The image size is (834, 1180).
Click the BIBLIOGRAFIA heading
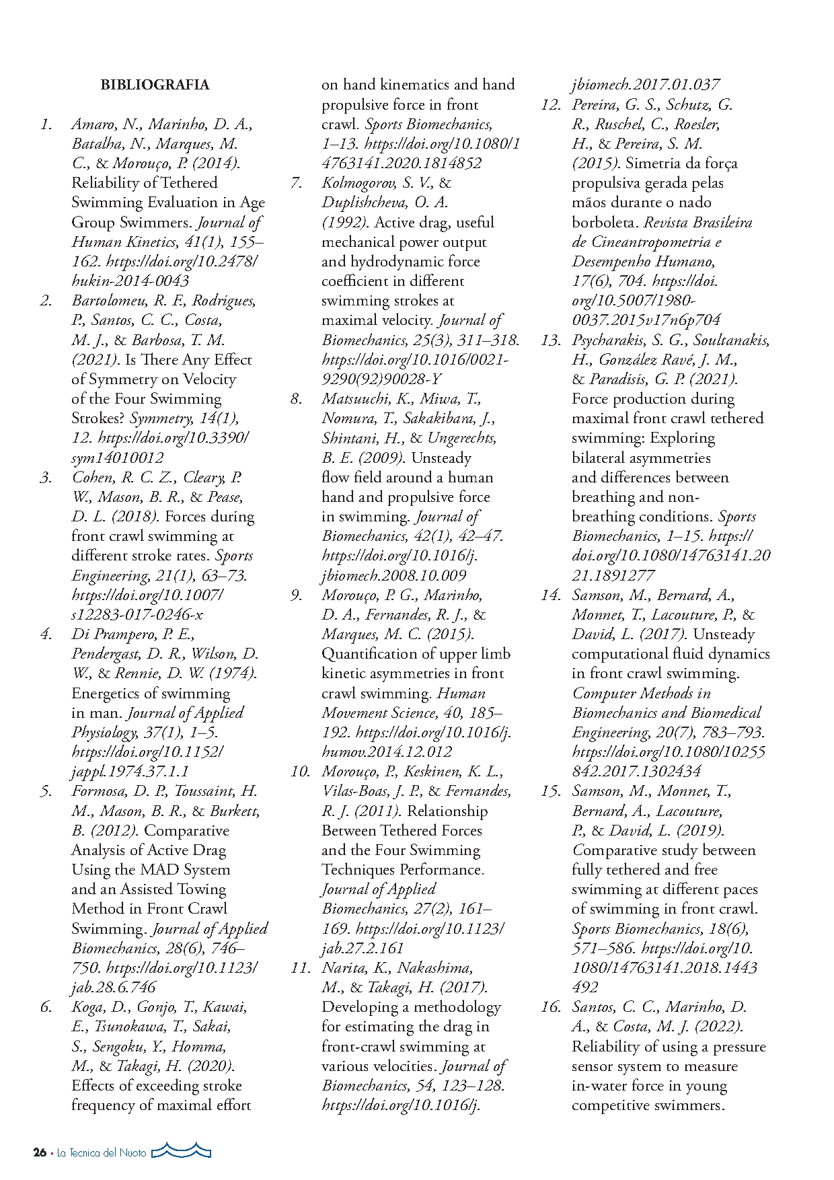[155, 85]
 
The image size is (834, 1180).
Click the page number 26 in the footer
[40, 1152]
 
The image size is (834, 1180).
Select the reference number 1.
[46, 124]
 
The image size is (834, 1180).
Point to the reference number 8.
[297, 399]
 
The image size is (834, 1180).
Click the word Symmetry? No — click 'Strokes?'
[98, 418]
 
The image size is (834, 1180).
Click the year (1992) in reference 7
[344, 223]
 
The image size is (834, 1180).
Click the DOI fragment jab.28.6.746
[114, 988]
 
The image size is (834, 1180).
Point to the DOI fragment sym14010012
[117, 458]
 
